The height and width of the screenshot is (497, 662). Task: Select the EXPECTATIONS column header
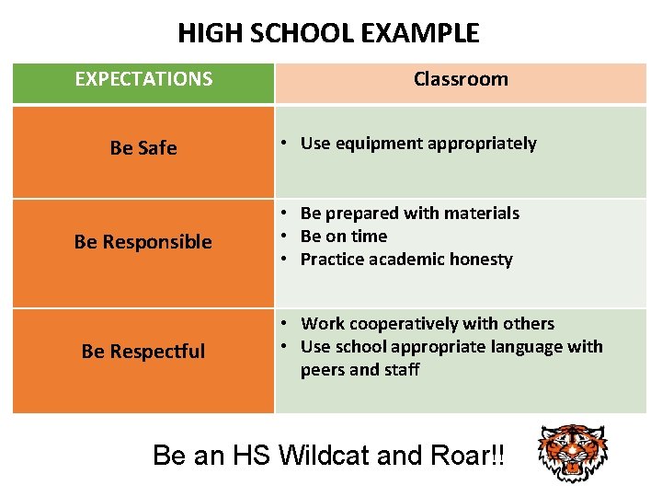click(x=143, y=79)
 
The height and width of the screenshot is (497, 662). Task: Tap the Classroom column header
click(x=461, y=79)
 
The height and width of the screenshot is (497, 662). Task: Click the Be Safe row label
click(x=143, y=148)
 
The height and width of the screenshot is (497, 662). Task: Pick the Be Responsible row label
click(x=143, y=242)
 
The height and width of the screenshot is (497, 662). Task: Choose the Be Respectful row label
click(x=143, y=352)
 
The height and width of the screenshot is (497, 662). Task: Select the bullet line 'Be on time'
click(x=344, y=237)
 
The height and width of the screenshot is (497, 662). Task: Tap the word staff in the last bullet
click(x=402, y=370)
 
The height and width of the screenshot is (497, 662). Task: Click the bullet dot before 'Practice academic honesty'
click(x=288, y=260)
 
